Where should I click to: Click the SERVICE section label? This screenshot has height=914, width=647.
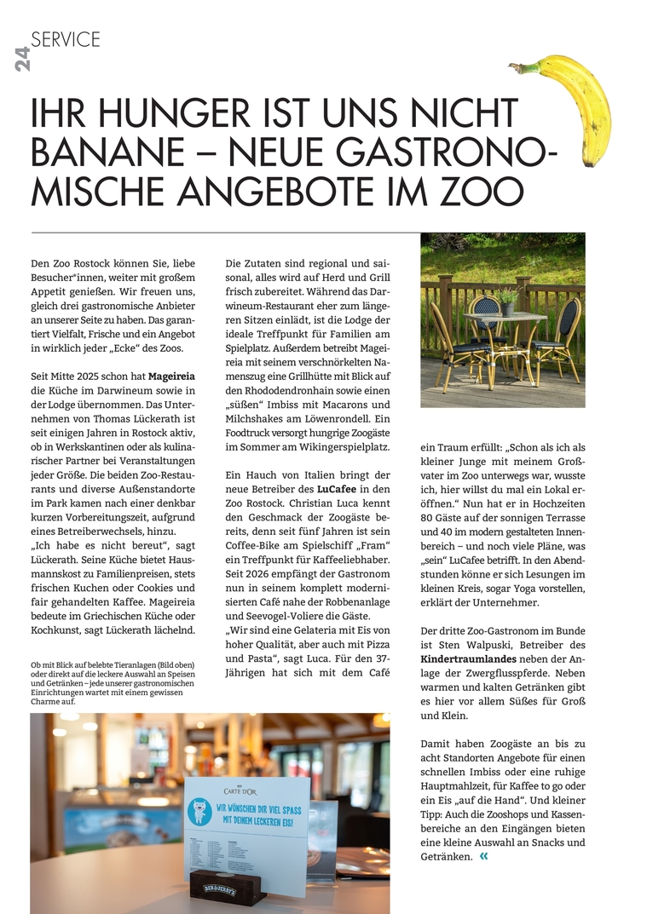point(66,39)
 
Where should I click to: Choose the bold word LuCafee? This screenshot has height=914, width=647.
point(342,490)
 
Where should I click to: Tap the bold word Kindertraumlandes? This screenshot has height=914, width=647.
point(468,658)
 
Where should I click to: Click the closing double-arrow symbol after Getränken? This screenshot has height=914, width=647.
point(484,856)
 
